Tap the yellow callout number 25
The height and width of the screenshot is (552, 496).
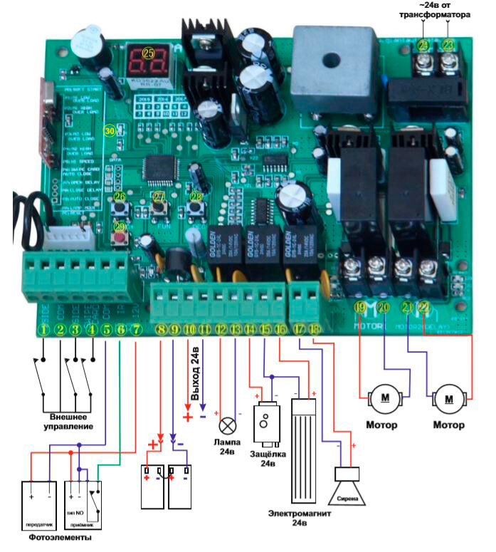(x=149, y=52)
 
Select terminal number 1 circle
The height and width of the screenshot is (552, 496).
(x=44, y=330)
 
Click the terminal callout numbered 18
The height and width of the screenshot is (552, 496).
(x=314, y=330)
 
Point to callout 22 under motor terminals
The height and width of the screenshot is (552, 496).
(x=424, y=308)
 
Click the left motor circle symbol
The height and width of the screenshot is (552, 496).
(x=384, y=397)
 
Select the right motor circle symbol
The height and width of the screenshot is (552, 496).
(x=449, y=397)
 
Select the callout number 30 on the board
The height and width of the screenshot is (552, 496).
(x=109, y=132)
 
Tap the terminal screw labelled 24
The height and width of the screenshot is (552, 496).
(x=425, y=62)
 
